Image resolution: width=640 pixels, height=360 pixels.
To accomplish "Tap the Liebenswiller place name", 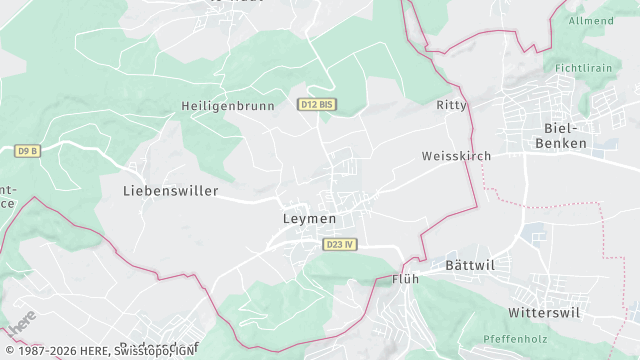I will (x=170, y=190).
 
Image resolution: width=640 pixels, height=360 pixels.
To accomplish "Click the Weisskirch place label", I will (x=454, y=157).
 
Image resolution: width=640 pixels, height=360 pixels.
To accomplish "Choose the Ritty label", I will (x=452, y=105).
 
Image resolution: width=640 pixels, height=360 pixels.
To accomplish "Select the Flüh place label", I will (x=405, y=279).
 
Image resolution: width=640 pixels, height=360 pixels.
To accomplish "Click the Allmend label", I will (x=591, y=20).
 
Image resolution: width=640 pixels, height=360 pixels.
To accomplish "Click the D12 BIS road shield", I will (x=316, y=104).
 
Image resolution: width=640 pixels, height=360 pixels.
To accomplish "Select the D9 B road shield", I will (x=28, y=151).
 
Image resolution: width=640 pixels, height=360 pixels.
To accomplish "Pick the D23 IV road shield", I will (x=340, y=244).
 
